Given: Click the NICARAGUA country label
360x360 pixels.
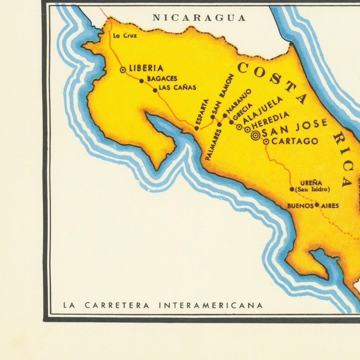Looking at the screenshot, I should coord(199,18).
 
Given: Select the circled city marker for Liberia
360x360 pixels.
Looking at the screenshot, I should coord(122,70).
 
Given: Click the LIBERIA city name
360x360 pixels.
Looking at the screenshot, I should coord(146,68).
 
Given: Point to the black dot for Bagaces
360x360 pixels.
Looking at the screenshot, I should coord(141,81).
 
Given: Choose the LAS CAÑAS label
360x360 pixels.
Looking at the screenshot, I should coord(177,88).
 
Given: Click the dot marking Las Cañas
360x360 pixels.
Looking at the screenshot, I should coord(155,90).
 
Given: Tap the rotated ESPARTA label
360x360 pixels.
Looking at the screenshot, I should coord(202,112).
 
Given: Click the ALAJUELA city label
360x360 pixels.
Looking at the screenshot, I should coord(263,109).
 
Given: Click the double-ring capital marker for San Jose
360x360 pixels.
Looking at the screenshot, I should coord(256,135).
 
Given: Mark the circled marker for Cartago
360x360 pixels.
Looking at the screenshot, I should coord(266,141).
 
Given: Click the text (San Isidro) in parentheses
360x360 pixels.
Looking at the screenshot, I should coord(312,189).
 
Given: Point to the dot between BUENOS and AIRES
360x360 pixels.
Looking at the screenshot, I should coord(317,205).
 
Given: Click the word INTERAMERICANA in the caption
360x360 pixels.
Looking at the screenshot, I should coord(211,305).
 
